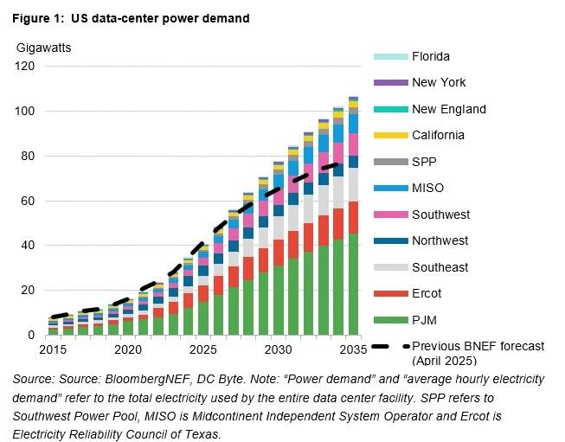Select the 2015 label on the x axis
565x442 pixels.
[x=53, y=349]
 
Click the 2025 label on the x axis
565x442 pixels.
[x=202, y=349]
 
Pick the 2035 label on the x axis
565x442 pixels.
[x=353, y=349]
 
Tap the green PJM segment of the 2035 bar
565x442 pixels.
[x=353, y=285]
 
